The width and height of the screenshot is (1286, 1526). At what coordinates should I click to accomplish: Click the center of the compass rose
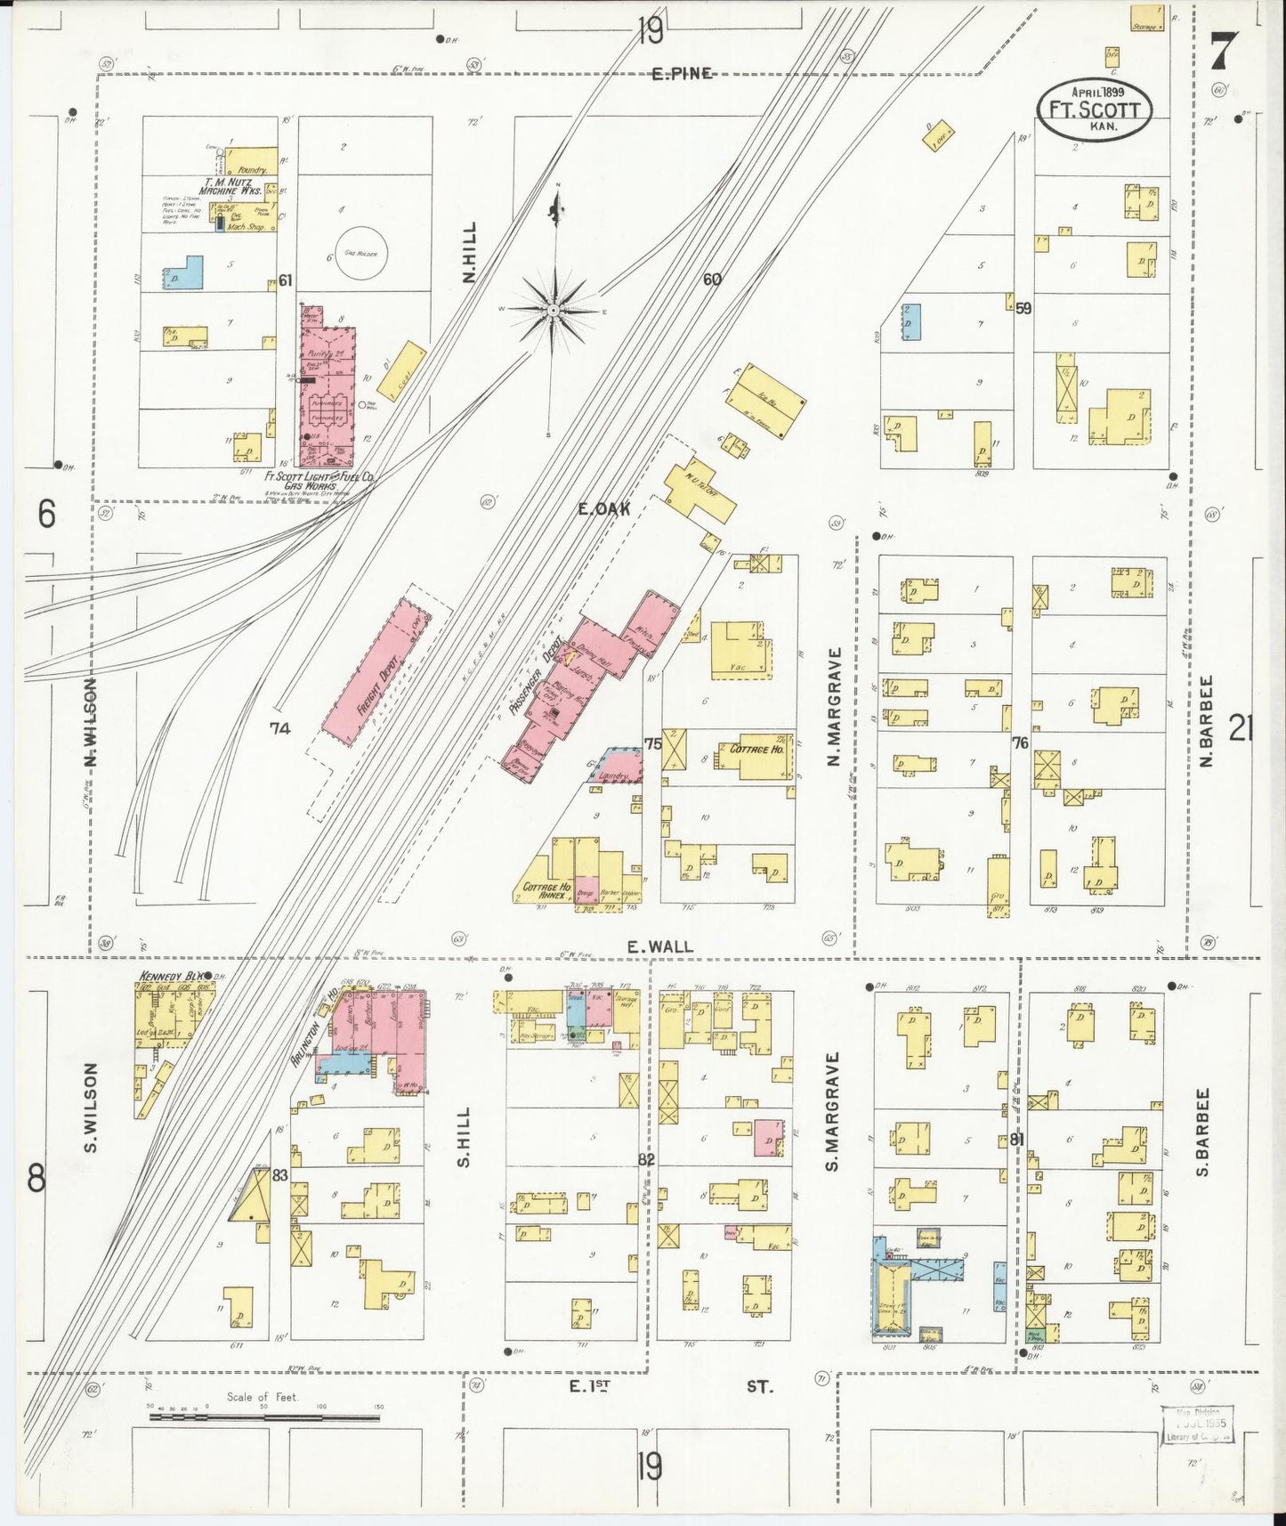pyautogui.click(x=554, y=309)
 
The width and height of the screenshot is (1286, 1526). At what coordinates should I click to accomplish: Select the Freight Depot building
pyautogui.click(x=375, y=669)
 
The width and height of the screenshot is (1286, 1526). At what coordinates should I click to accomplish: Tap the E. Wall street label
pyautogui.click(x=660, y=947)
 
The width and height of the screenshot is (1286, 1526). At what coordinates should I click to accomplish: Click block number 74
pyautogui.click(x=280, y=728)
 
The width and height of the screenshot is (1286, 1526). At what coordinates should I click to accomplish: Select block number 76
pyautogui.click(x=1020, y=743)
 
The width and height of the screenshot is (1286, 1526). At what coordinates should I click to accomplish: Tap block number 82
pyautogui.click(x=646, y=1159)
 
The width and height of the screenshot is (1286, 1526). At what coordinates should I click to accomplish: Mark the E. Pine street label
pyautogui.click(x=682, y=74)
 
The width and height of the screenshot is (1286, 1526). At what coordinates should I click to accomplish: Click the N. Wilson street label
pyautogui.click(x=92, y=721)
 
